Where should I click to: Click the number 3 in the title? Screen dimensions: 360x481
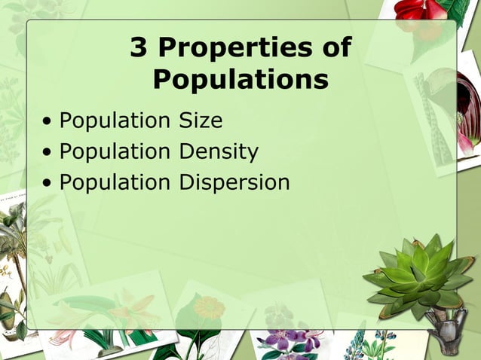click(139, 48)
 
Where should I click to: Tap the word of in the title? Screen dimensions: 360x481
click(335, 48)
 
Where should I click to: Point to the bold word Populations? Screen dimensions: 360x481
click(240, 79)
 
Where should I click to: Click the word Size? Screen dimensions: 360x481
click(201, 121)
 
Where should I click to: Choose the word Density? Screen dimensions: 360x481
click(219, 151)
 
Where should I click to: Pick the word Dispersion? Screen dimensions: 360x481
click(234, 182)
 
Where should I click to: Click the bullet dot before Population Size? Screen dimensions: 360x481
click(48, 121)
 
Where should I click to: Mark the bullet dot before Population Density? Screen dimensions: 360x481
click(48, 152)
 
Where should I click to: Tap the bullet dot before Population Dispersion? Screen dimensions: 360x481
click(48, 183)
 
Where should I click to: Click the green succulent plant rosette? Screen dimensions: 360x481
click(418, 275)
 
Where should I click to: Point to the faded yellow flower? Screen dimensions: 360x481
click(209, 307)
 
